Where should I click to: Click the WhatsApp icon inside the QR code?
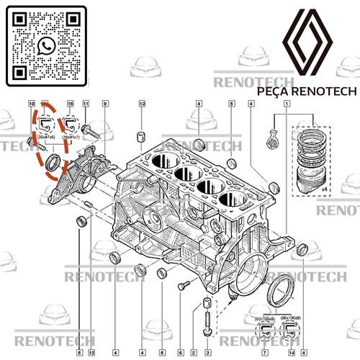tap(48, 46)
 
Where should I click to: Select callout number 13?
tap(143, 104)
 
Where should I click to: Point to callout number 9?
tap(105, 104)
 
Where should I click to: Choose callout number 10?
tap(32, 104)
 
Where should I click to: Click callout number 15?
tap(70, 104)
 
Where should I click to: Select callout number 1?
tap(287, 104)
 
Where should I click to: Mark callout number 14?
tap(292, 353)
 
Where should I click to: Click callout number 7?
tap(264, 353)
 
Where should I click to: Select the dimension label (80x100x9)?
tap(292, 318)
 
